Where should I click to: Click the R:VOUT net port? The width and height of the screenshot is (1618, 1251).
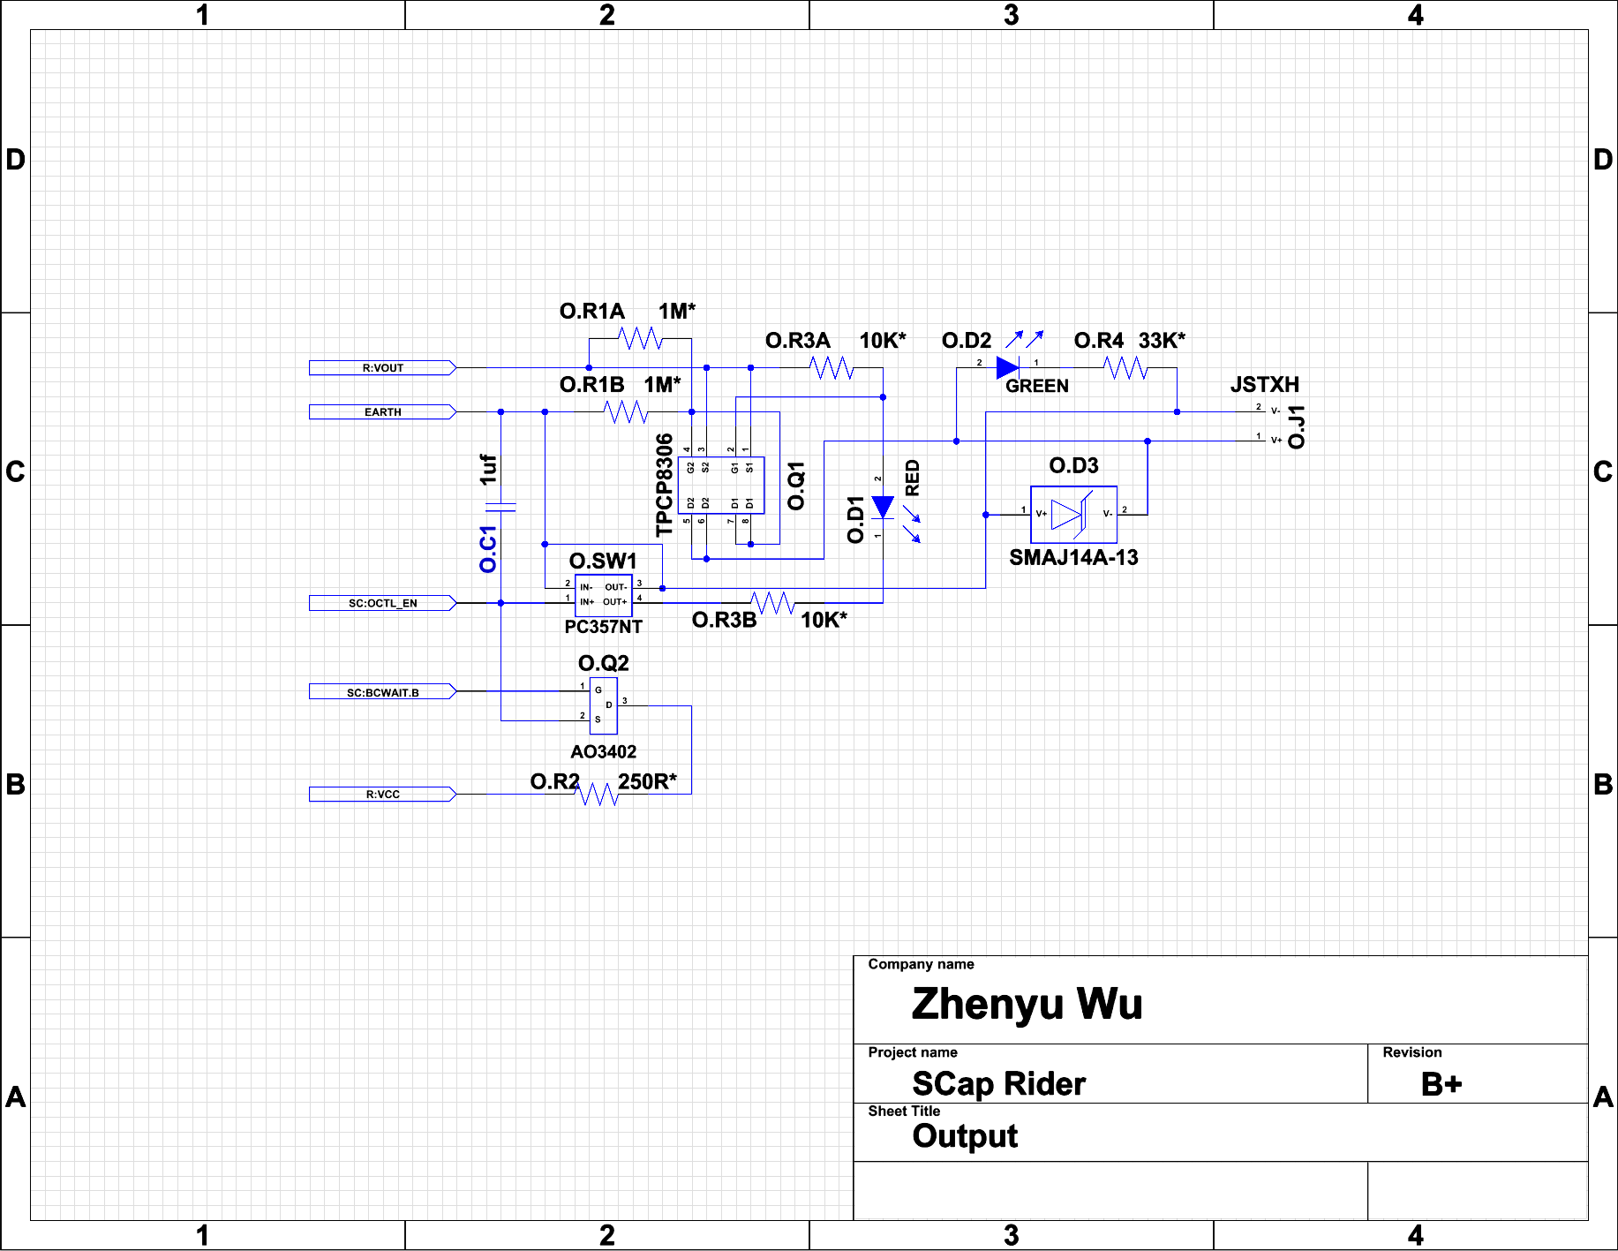pyautogui.click(x=382, y=368)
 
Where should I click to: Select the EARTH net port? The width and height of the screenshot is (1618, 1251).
pyautogui.click(x=382, y=412)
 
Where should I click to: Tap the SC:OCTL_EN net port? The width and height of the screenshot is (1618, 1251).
pyautogui.click(x=382, y=603)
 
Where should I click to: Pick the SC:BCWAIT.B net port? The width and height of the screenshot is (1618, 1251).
pyautogui.click(x=382, y=692)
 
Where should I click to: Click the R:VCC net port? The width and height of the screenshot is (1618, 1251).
pyautogui.click(x=382, y=795)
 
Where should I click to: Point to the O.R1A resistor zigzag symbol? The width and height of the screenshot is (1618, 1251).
pyautogui.click(x=640, y=338)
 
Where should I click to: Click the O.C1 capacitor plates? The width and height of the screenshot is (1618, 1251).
pyautogui.click(x=500, y=507)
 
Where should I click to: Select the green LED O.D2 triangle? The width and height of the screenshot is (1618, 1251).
pyautogui.click(x=1007, y=367)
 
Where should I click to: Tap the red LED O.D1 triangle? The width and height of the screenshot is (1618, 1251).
pyautogui.click(x=883, y=507)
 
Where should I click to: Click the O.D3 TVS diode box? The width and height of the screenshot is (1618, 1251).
pyautogui.click(x=1073, y=515)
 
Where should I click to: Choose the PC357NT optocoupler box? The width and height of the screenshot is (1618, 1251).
pyautogui.click(x=603, y=595)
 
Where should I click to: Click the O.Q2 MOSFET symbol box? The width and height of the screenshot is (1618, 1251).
pyautogui.click(x=604, y=705)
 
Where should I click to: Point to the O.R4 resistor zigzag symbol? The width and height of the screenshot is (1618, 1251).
pyautogui.click(x=1125, y=367)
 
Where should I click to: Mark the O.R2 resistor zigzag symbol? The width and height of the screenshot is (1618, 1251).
pyautogui.click(x=598, y=794)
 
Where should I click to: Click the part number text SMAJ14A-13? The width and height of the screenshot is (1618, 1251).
pyautogui.click(x=1073, y=558)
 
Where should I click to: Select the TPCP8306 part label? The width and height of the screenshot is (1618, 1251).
pyautogui.click(x=665, y=485)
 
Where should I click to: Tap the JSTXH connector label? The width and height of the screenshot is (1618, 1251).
pyautogui.click(x=1264, y=385)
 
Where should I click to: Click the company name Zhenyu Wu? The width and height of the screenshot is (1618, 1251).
pyautogui.click(x=1027, y=1004)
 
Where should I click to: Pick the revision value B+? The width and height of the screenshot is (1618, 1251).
pyautogui.click(x=1441, y=1084)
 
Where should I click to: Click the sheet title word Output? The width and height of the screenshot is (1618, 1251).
pyautogui.click(x=965, y=1136)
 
